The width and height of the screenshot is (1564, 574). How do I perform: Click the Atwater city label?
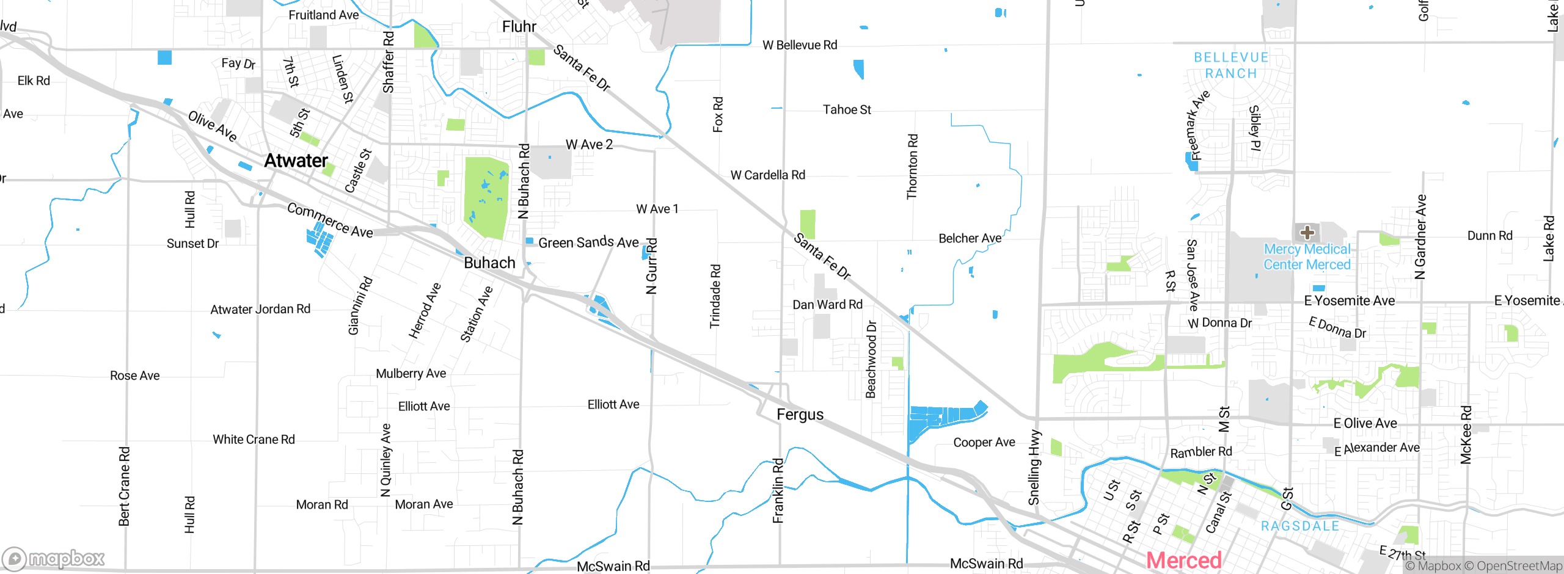click(x=296, y=161)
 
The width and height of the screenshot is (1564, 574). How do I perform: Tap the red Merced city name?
click(x=1183, y=560)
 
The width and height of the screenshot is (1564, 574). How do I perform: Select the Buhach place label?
click(x=489, y=263)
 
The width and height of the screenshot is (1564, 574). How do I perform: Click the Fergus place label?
click(x=800, y=415)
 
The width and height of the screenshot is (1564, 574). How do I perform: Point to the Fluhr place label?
click(x=519, y=26)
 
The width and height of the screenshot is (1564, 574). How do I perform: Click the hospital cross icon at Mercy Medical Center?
click(x=1307, y=232)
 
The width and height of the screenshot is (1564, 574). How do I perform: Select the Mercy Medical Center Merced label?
click(x=1307, y=257)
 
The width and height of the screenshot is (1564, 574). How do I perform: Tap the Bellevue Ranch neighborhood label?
click(x=1231, y=65)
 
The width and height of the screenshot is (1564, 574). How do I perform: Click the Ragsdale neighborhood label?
click(x=1299, y=526)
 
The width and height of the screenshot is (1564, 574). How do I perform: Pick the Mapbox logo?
click(x=54, y=558)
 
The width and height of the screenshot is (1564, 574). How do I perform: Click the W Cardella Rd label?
click(x=768, y=175)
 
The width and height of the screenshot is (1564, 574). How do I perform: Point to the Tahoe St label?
click(x=847, y=110)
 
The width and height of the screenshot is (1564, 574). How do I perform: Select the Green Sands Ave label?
click(x=588, y=242)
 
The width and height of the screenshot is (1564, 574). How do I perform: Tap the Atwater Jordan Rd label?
click(x=260, y=310)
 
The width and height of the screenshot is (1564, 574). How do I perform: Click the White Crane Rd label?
click(x=254, y=440)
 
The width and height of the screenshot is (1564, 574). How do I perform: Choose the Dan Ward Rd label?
click(x=827, y=305)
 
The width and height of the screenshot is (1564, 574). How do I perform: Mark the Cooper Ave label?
click(x=984, y=442)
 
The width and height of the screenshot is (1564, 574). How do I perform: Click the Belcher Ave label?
click(x=970, y=238)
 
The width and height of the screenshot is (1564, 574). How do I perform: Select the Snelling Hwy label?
click(x=1034, y=467)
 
